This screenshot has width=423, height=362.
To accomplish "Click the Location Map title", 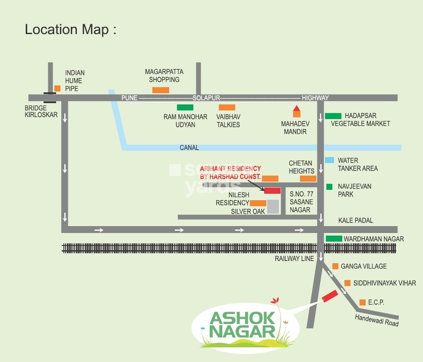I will [x=70, y=30].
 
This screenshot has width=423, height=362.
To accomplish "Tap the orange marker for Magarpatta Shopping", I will [x=161, y=90].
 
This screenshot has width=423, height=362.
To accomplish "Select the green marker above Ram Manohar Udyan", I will [x=185, y=107].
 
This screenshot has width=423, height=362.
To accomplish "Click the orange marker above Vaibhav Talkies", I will [x=227, y=107].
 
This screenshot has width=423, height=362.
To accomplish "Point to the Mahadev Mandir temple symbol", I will [x=297, y=111].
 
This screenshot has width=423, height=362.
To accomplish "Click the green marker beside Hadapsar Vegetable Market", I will [x=333, y=116].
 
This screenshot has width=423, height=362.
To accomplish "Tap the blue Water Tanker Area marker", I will [x=329, y=160].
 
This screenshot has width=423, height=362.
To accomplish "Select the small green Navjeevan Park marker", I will [x=329, y=187].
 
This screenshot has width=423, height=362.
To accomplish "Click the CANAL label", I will [x=189, y=148].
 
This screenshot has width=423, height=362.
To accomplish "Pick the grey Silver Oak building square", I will [x=273, y=207].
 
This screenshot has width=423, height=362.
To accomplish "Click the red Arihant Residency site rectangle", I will [x=272, y=190].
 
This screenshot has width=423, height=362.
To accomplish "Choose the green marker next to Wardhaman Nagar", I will [x=334, y=239].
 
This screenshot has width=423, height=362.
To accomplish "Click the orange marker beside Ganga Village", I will [x=335, y=266].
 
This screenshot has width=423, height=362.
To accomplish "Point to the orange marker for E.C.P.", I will [x=363, y=302].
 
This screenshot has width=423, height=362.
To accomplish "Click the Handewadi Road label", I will [x=377, y=320].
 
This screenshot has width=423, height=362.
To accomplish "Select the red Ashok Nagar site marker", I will [x=330, y=296].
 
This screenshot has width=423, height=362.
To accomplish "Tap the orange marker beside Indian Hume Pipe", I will [x=57, y=88].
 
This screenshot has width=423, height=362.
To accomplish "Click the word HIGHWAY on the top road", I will [x=315, y=98].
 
